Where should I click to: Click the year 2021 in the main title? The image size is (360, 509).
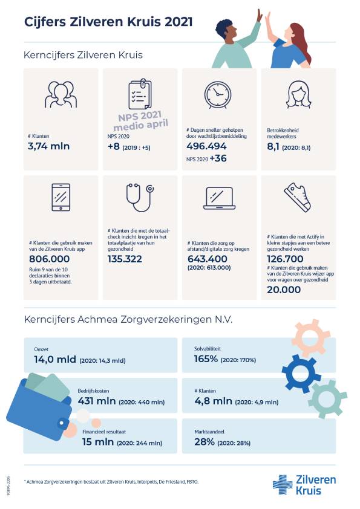[178, 22]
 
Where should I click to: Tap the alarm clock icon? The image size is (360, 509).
[218, 95]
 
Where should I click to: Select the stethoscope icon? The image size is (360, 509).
[140, 197]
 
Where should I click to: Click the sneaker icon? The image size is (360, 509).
[298, 196]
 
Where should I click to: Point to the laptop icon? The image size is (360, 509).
[219, 198]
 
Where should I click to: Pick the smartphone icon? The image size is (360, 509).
[61, 197]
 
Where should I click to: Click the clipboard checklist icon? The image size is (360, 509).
[140, 94]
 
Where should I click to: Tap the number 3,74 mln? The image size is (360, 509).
[49, 146]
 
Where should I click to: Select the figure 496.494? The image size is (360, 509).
[206, 146]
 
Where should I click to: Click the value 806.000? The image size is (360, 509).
[50, 259]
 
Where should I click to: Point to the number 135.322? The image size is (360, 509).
[125, 259]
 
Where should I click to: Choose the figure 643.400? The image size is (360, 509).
[208, 259]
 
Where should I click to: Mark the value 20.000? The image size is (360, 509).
[284, 290]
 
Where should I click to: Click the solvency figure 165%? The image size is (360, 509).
[206, 359]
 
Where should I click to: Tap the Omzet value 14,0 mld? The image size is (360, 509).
[55, 359]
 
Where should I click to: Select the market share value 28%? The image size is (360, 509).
[205, 442]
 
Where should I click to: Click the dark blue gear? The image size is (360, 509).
[301, 374]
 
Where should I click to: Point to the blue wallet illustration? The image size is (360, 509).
[41, 407]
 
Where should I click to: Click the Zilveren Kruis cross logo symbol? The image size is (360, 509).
[283, 485]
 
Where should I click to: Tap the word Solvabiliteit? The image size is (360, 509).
[208, 349]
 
